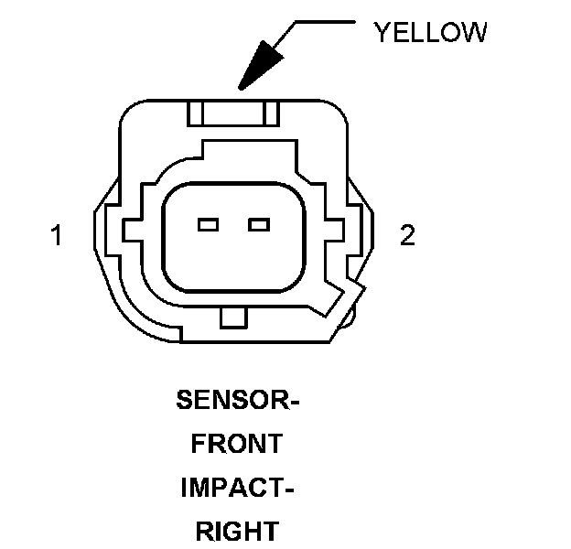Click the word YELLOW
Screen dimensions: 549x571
click(429, 33)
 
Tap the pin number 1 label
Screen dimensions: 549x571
click(57, 236)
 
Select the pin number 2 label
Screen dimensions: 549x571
click(407, 236)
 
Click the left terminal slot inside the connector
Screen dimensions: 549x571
click(208, 224)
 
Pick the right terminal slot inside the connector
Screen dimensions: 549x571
click(260, 224)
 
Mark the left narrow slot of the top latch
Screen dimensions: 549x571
click(193, 113)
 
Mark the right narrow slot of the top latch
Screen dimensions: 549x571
click(270, 113)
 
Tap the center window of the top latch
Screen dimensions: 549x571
click(232, 113)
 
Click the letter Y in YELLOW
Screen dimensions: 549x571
click(380, 33)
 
